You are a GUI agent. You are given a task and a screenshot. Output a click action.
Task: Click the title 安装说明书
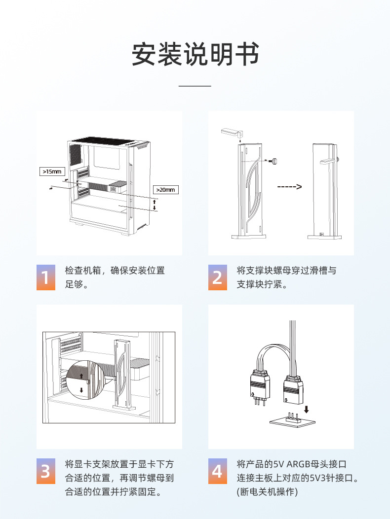195,54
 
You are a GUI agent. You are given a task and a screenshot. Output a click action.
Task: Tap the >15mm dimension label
52,172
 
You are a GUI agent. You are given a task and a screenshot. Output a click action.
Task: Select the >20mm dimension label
165,189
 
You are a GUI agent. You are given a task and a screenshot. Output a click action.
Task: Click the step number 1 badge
45,277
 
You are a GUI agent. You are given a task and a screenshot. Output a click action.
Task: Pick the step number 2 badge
217,277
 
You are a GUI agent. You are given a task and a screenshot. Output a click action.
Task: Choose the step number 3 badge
45,471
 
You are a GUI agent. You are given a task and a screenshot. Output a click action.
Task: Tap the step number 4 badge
217,471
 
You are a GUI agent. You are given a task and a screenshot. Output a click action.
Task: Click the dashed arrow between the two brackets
289,187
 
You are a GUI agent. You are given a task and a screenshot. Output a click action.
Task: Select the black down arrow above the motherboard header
307,409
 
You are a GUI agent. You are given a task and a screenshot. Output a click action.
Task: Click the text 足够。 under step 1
77,285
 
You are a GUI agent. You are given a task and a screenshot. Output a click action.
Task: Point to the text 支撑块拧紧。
262,285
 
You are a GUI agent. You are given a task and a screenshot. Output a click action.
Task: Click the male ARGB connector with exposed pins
258,387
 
